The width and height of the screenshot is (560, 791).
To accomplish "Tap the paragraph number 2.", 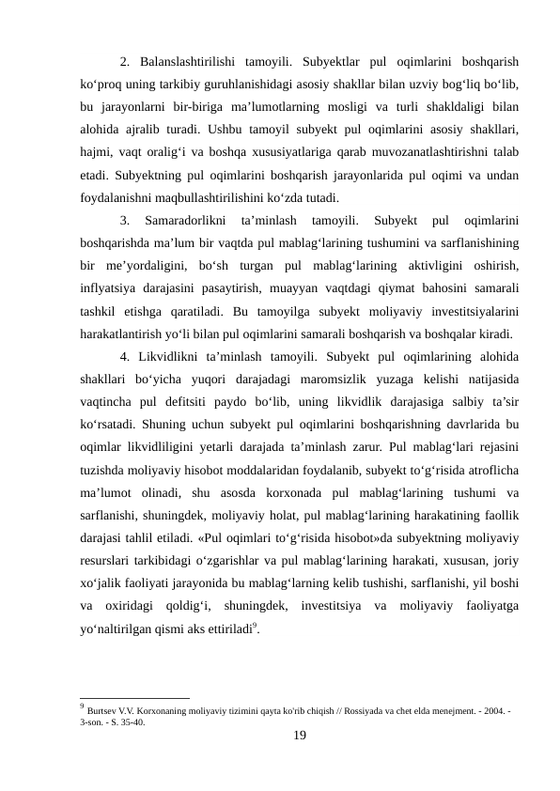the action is (x=125, y=63).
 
